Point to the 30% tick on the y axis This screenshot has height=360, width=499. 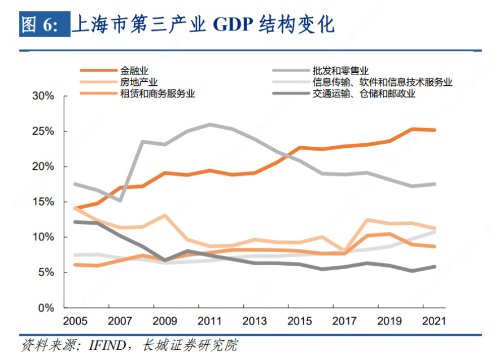tap(43, 96)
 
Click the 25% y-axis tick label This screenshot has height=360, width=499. tap(43, 131)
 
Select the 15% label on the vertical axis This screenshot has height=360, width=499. tap(43, 202)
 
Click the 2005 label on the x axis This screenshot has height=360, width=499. tap(76, 322)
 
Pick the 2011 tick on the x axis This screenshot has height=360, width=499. tap(210, 322)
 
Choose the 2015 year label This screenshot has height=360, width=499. tap(300, 322)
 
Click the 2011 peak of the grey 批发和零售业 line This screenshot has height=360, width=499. tap(210, 124)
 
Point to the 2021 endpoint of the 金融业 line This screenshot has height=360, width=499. tap(434, 130)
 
